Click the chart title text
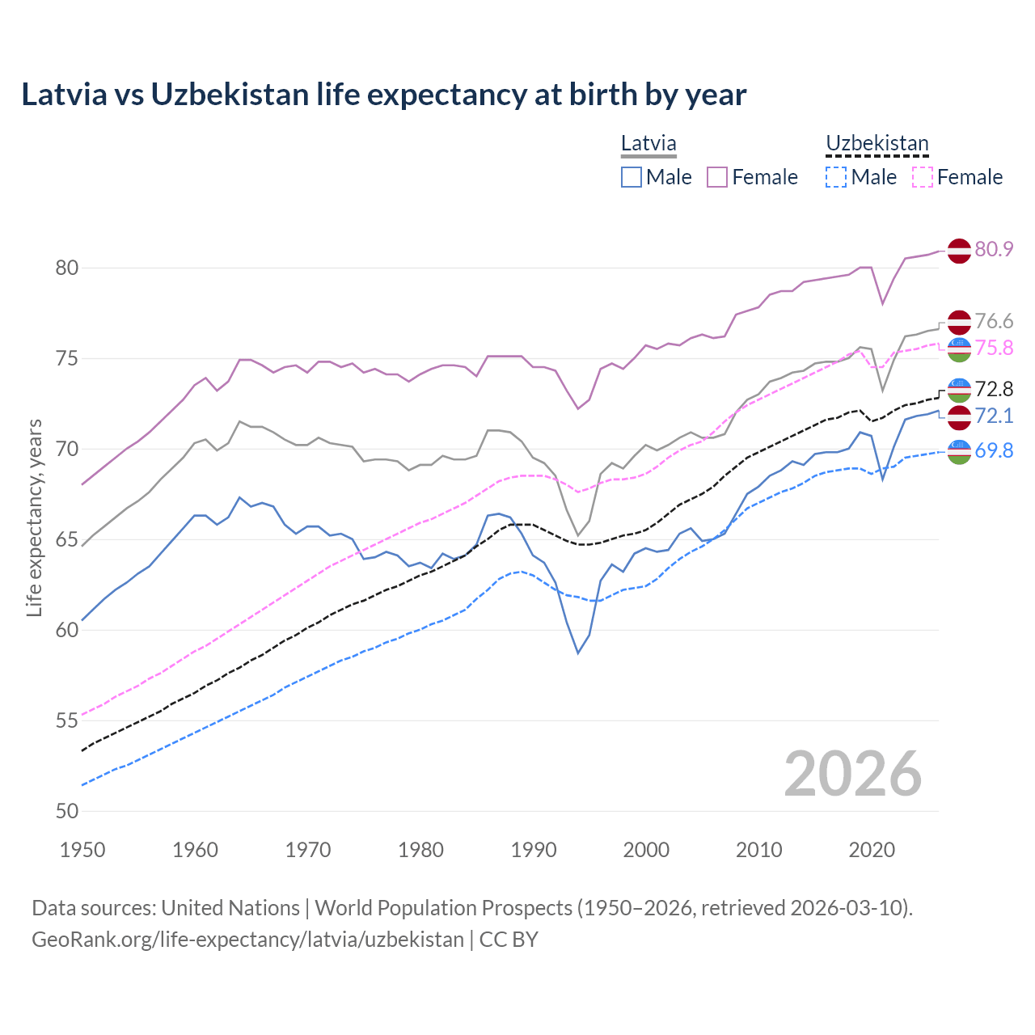[x=383, y=95]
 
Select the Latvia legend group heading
[x=648, y=144]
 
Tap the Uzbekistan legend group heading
[x=877, y=144]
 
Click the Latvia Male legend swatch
[x=632, y=177]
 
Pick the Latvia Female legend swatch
[x=717, y=177]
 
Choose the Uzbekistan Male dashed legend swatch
[x=836, y=177]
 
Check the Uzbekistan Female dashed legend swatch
[x=922, y=177]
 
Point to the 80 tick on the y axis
[x=66, y=268]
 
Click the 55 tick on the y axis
[x=66, y=720]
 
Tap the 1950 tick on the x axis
[x=83, y=850]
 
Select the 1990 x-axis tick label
[x=534, y=850]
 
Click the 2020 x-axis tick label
[x=872, y=850]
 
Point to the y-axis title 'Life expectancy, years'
[x=34, y=517]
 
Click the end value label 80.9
[x=994, y=249]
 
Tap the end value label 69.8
[x=994, y=450]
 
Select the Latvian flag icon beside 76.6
[x=959, y=322]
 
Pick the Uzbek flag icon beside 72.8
[x=959, y=390]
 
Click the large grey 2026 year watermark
[x=853, y=774]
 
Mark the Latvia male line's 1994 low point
[x=578, y=653]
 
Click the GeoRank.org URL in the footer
[x=247, y=940]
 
